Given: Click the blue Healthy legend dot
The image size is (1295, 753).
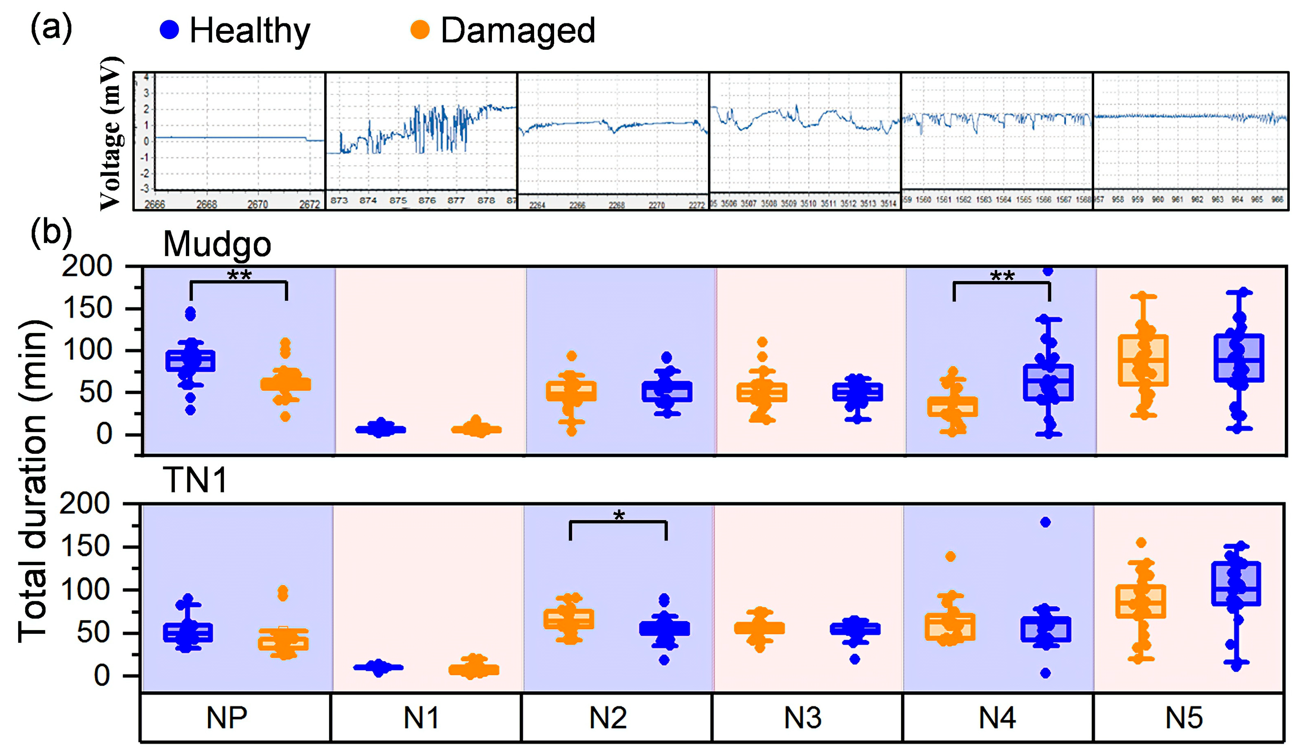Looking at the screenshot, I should pos(169,30).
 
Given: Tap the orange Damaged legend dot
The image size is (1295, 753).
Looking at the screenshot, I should pos(420,30).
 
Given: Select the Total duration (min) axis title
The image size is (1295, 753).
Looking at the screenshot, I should pos(33,481).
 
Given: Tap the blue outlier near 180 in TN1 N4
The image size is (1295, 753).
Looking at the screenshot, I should pos(1045,522).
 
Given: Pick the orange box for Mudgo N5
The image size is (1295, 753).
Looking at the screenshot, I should pos(1143,360).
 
